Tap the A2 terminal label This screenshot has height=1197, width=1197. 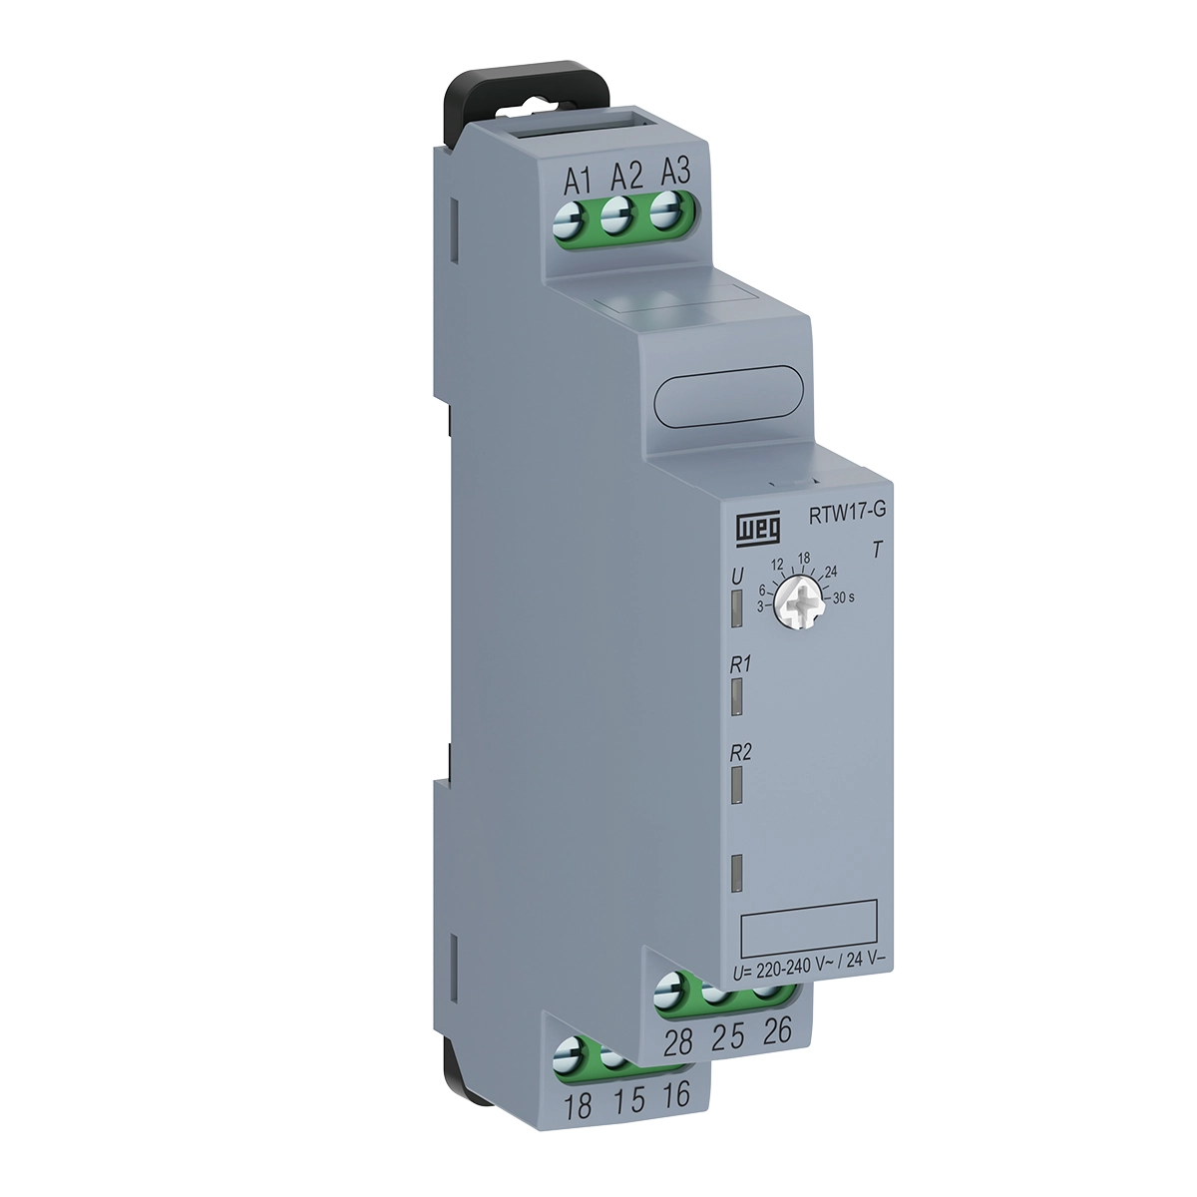625,176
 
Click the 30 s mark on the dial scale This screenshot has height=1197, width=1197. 844,598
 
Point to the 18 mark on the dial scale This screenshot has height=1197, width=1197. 804,559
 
